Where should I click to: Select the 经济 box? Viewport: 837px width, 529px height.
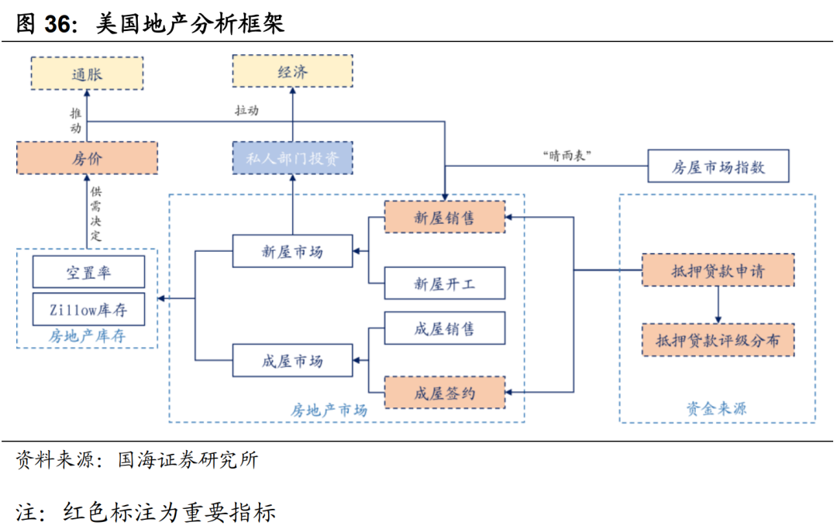coord(293,71)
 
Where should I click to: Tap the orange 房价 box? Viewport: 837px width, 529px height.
coord(87,158)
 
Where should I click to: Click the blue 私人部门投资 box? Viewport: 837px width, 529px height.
coord(293,158)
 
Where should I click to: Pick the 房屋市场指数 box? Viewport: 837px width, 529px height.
coord(718,167)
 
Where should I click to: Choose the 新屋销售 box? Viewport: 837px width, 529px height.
coord(445,218)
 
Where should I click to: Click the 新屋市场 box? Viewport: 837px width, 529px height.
coord(293,251)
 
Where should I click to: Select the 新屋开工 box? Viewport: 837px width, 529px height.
coord(445,283)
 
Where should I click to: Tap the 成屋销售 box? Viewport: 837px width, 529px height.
coord(445,328)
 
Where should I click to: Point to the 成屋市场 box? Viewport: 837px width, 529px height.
coord(293,361)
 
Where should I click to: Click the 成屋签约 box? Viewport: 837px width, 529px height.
coord(445,393)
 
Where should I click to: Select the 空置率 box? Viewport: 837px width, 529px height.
coord(88,272)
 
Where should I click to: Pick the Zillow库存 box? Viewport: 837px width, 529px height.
coord(88,309)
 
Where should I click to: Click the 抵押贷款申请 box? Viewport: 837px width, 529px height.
coord(718,270)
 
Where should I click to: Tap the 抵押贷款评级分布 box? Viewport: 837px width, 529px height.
coord(718,339)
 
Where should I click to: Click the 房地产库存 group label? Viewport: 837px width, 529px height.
coord(87,336)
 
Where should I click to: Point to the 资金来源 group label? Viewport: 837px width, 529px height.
coord(717,408)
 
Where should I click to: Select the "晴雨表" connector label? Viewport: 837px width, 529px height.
coord(567,155)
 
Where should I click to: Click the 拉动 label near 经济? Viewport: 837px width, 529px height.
coord(246,111)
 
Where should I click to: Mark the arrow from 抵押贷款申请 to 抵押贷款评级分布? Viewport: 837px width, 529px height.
coord(718,305)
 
